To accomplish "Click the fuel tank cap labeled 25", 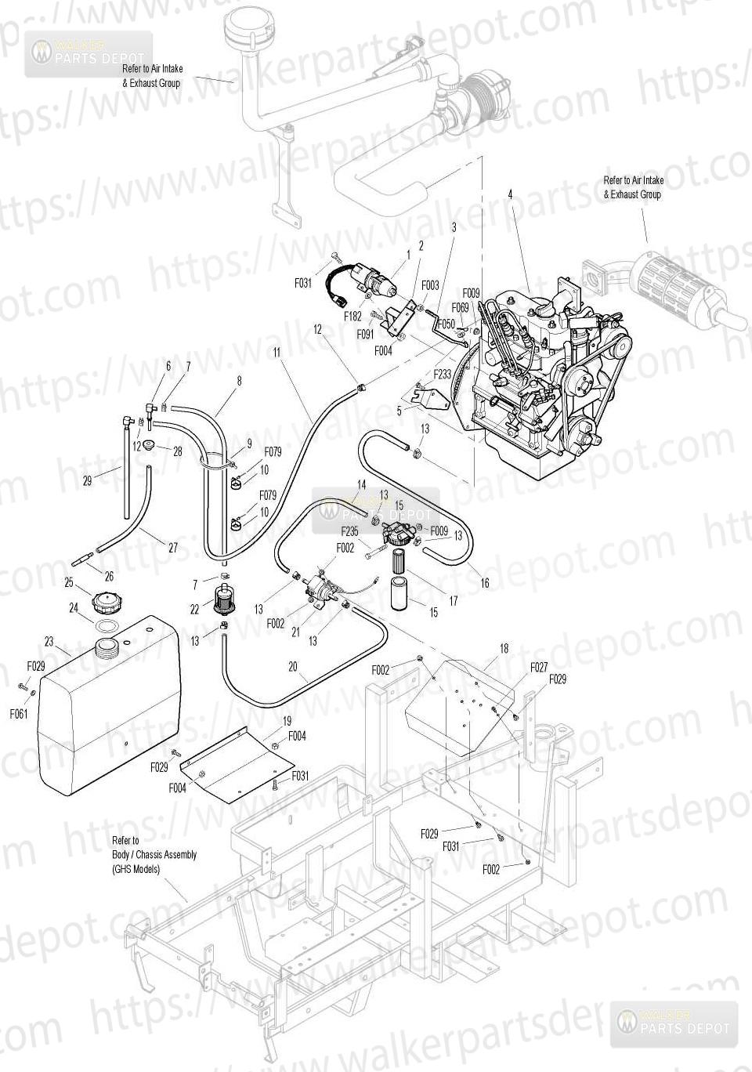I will click(x=103, y=604).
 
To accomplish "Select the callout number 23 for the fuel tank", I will click(x=49, y=641).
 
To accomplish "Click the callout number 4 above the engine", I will click(x=510, y=194).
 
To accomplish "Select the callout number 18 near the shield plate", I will click(x=504, y=648).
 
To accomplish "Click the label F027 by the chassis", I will click(x=539, y=667).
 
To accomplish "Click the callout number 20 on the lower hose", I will click(x=293, y=667).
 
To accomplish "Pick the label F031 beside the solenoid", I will click(x=303, y=284).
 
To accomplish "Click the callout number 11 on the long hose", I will click(x=277, y=353).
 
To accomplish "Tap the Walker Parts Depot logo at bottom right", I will click(x=674, y=1023).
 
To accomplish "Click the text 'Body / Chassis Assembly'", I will click(x=154, y=854).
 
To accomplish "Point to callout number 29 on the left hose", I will click(x=87, y=480).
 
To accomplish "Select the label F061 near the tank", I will click(x=19, y=714).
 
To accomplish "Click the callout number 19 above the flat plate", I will click(x=287, y=720).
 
